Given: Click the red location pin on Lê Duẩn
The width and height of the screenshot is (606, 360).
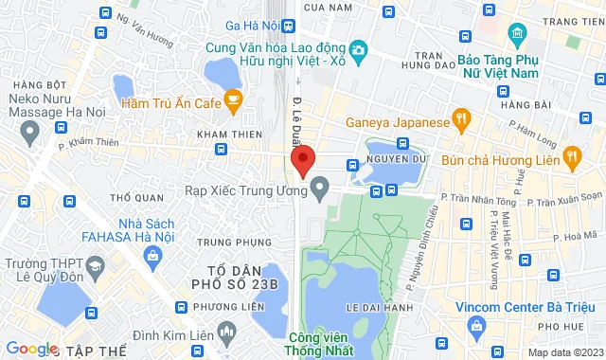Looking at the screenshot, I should (x=301, y=159).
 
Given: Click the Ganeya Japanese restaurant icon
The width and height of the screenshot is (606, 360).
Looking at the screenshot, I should (x=462, y=121).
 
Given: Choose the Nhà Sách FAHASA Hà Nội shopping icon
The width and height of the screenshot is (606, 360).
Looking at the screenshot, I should (x=152, y=256).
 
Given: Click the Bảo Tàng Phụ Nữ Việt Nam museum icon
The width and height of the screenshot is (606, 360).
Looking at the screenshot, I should (x=516, y=36).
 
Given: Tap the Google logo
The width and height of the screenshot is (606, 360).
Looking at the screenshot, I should (x=31, y=349).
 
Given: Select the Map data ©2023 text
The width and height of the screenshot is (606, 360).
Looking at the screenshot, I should (x=563, y=352).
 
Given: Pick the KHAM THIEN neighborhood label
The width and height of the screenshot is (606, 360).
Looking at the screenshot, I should (x=223, y=134).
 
